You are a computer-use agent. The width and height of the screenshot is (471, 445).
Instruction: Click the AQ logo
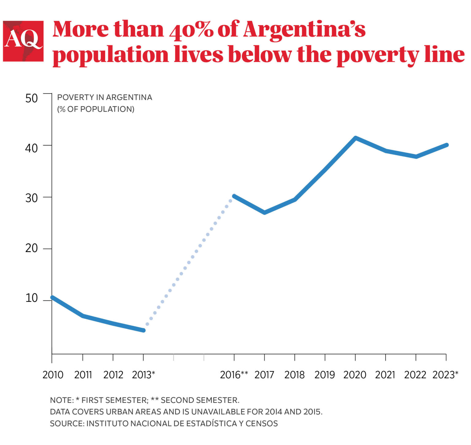pos(23,41)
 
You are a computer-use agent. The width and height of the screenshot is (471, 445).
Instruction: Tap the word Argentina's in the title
pos(304,30)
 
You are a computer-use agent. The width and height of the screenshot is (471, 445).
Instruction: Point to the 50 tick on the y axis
pos(31,98)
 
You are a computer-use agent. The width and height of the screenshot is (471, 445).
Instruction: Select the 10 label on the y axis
pos(31,298)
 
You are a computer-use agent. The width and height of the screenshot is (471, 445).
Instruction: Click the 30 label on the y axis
pos(31,198)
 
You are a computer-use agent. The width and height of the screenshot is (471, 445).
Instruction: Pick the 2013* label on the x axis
pos(143,375)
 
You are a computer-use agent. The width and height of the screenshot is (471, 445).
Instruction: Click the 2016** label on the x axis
pos(234,375)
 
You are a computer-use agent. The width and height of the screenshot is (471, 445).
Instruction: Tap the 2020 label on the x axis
pos(355,375)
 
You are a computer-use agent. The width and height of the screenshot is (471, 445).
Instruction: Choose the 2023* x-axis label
pos(445,375)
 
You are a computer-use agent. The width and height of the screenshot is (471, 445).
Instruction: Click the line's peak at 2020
pos(355,138)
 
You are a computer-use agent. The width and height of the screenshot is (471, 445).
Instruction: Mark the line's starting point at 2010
pos(52,297)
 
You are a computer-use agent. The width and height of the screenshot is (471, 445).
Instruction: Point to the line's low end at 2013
pos(143,330)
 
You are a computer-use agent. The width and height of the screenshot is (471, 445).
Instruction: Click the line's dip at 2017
pos(264,213)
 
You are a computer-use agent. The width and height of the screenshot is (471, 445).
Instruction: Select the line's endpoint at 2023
pos(446,145)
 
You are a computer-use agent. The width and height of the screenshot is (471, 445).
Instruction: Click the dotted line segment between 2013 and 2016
pos(189,262)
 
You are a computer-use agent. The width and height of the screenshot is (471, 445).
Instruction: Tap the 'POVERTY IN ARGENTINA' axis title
pos(105,97)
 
